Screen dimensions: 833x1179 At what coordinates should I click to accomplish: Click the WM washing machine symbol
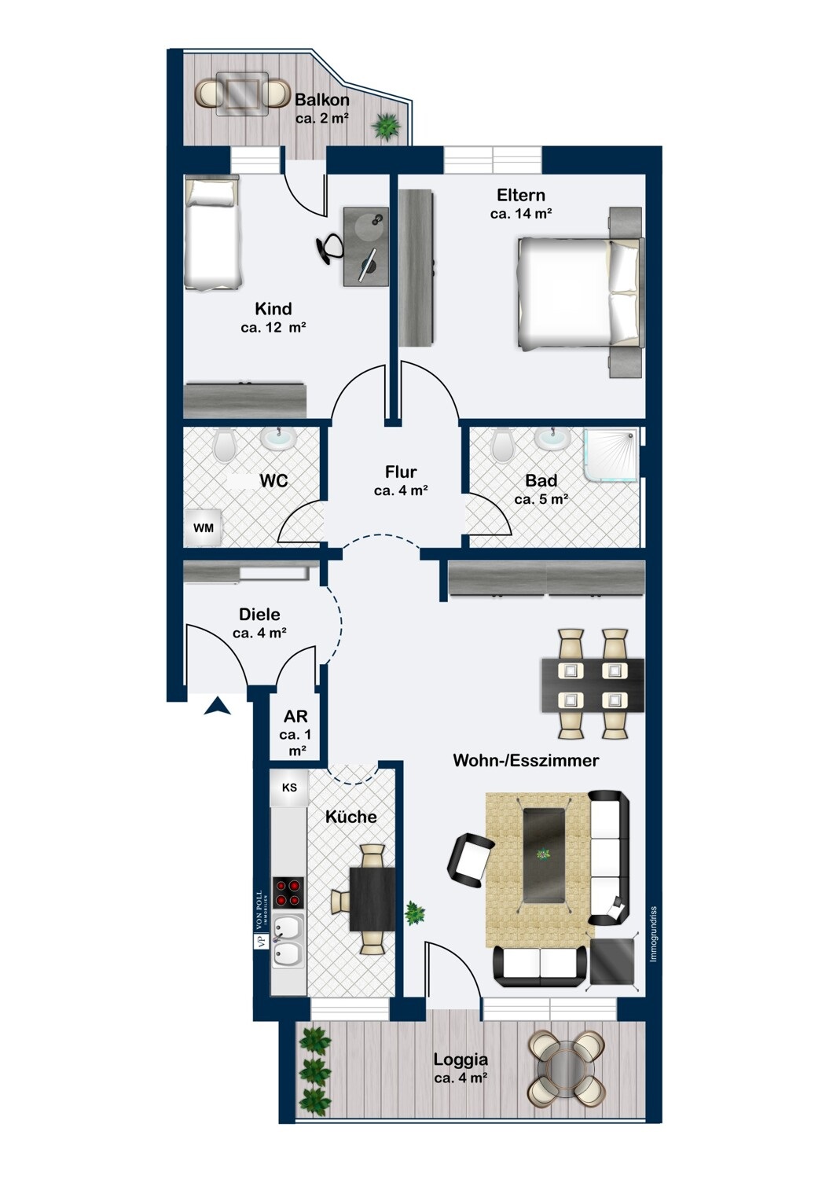tap(203, 527)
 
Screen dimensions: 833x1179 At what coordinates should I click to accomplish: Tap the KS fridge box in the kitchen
tap(289, 788)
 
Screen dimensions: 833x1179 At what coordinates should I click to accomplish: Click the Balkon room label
tap(322, 100)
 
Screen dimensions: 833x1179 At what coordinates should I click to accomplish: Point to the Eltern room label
tap(521, 195)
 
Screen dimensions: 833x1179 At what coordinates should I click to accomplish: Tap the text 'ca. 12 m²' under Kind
tap(273, 328)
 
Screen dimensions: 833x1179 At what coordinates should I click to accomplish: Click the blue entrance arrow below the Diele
tap(218, 707)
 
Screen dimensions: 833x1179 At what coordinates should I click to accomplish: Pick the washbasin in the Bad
tap(552, 439)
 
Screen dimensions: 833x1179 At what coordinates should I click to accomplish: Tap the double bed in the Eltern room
tap(581, 292)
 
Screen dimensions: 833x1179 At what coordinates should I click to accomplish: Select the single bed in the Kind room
tap(212, 232)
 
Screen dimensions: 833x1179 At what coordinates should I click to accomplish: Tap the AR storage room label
tap(295, 716)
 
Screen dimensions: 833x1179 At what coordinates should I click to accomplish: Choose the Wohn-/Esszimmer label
tap(527, 761)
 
